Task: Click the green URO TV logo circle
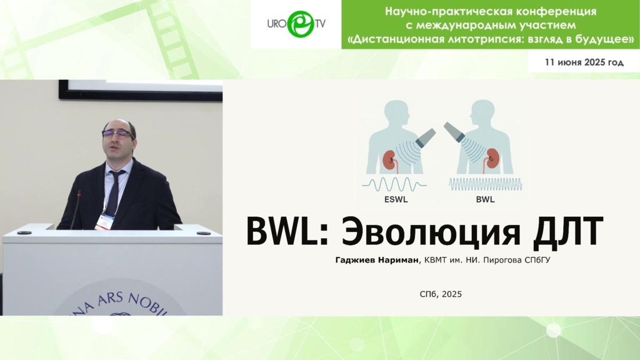(301, 24)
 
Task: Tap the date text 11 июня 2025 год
(584, 62)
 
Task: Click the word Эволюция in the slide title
(431, 232)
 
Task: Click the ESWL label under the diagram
(396, 199)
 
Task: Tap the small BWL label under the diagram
(485, 199)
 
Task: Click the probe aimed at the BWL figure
(454, 132)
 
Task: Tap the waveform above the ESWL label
(394, 184)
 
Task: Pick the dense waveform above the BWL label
(485, 184)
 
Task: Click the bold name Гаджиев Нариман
(377, 260)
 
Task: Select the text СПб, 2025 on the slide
(441, 294)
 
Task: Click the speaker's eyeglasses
(117, 134)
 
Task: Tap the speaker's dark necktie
(114, 191)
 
